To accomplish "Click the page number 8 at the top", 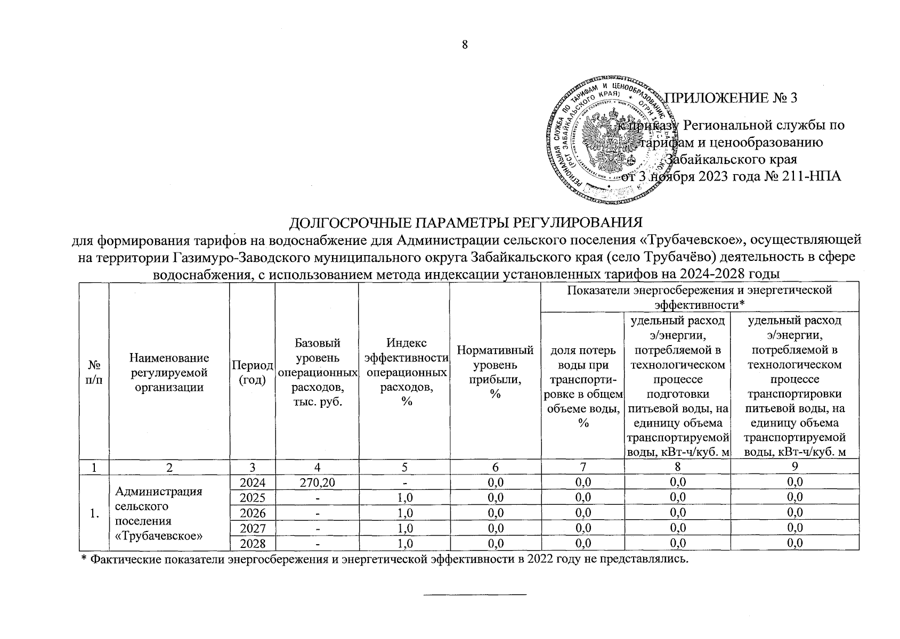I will click(465, 45).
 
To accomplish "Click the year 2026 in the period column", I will click(252, 513).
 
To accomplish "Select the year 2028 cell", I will click(252, 543).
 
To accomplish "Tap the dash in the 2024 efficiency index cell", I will click(404, 482).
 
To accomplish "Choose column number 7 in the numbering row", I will click(582, 467).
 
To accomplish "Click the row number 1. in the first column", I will click(94, 513).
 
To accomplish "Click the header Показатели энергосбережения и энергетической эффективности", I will click(699, 297).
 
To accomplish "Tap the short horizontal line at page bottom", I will click(474, 593).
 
